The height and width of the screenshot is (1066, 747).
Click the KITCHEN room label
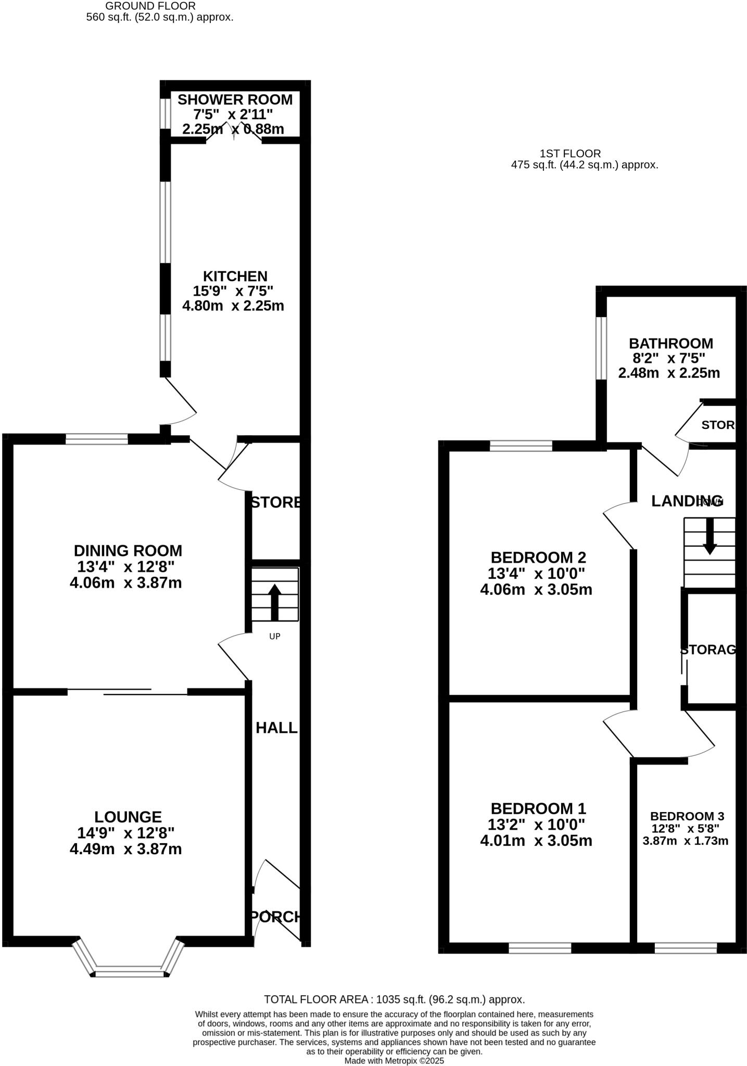point(235,276)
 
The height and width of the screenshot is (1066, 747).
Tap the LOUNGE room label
point(128,817)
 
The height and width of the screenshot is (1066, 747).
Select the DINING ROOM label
point(128,550)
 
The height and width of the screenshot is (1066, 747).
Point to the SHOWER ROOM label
point(235,99)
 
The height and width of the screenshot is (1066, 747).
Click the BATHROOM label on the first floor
point(670,344)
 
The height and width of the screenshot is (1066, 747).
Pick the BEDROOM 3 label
point(687,816)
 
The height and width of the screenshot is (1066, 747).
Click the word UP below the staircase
point(274,636)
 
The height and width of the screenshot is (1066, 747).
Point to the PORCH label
point(276,917)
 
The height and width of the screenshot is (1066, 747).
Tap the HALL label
point(276,728)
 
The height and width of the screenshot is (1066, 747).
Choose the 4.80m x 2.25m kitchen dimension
point(233,306)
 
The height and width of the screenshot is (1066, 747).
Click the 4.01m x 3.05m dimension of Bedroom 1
point(536,841)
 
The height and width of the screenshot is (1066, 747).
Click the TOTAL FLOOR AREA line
point(394,999)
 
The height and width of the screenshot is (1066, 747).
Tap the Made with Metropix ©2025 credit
point(394,1060)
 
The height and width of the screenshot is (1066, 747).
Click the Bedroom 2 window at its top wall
point(521,446)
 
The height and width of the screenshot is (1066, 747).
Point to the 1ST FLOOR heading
point(570,154)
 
